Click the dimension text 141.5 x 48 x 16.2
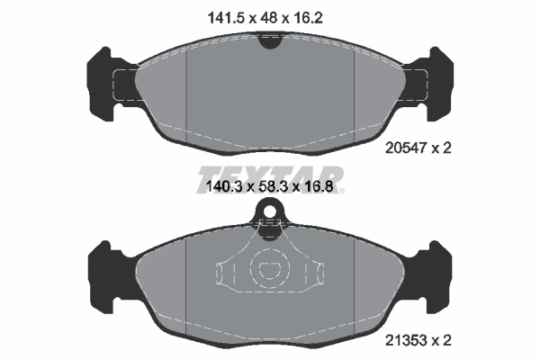[269, 15]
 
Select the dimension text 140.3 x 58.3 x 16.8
[270, 188]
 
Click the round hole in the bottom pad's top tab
[269, 213]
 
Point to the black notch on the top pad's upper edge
[269, 39]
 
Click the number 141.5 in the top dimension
[222, 15]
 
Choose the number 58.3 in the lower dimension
[271, 188]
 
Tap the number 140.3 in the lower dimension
[220, 188]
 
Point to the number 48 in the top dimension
[270, 15]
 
